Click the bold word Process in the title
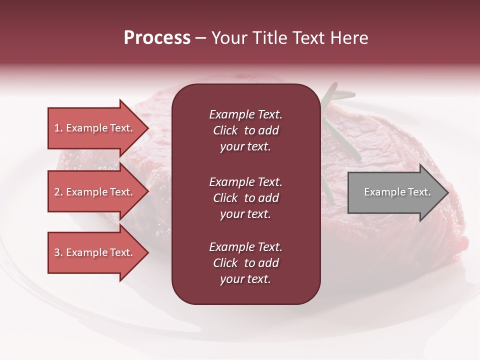coord(157,38)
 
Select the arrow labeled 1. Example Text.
coord(95,128)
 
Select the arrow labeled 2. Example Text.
coord(95,192)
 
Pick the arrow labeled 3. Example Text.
coord(95,252)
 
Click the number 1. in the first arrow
coord(58,128)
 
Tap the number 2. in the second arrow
coord(58,192)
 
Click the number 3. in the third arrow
coord(58,252)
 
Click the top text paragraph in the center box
coord(245,130)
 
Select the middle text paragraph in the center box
coord(245,198)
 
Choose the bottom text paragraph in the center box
coord(245,263)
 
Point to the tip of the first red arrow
coord(147,128)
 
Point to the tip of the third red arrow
coord(147,252)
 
